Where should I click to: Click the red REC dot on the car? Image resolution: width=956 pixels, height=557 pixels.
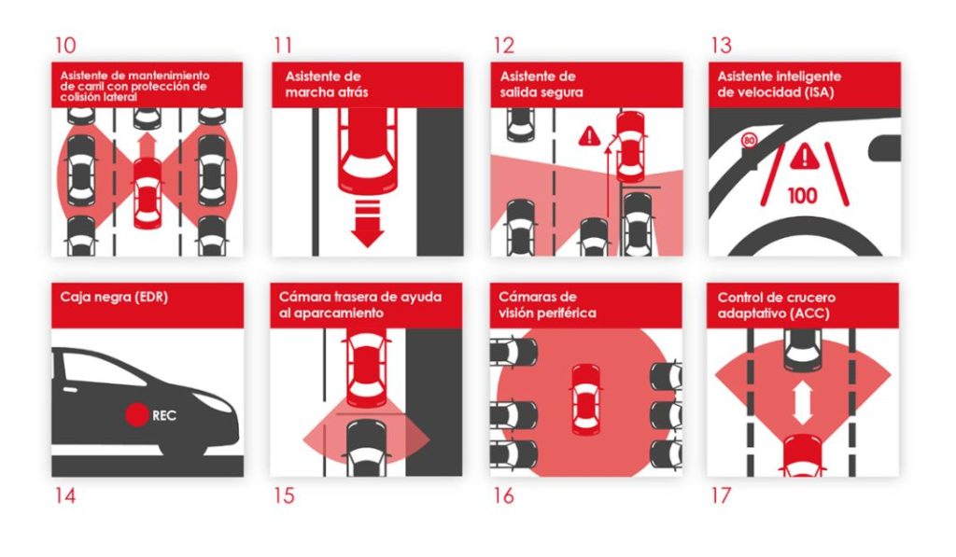pyautogui.click(x=137, y=413)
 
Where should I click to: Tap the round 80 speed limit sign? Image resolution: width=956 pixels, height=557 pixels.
pyautogui.click(x=749, y=142)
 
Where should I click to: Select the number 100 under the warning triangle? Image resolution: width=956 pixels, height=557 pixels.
pyautogui.click(x=803, y=196)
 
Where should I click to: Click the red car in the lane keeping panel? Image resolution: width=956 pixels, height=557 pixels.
pyautogui.click(x=147, y=191)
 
